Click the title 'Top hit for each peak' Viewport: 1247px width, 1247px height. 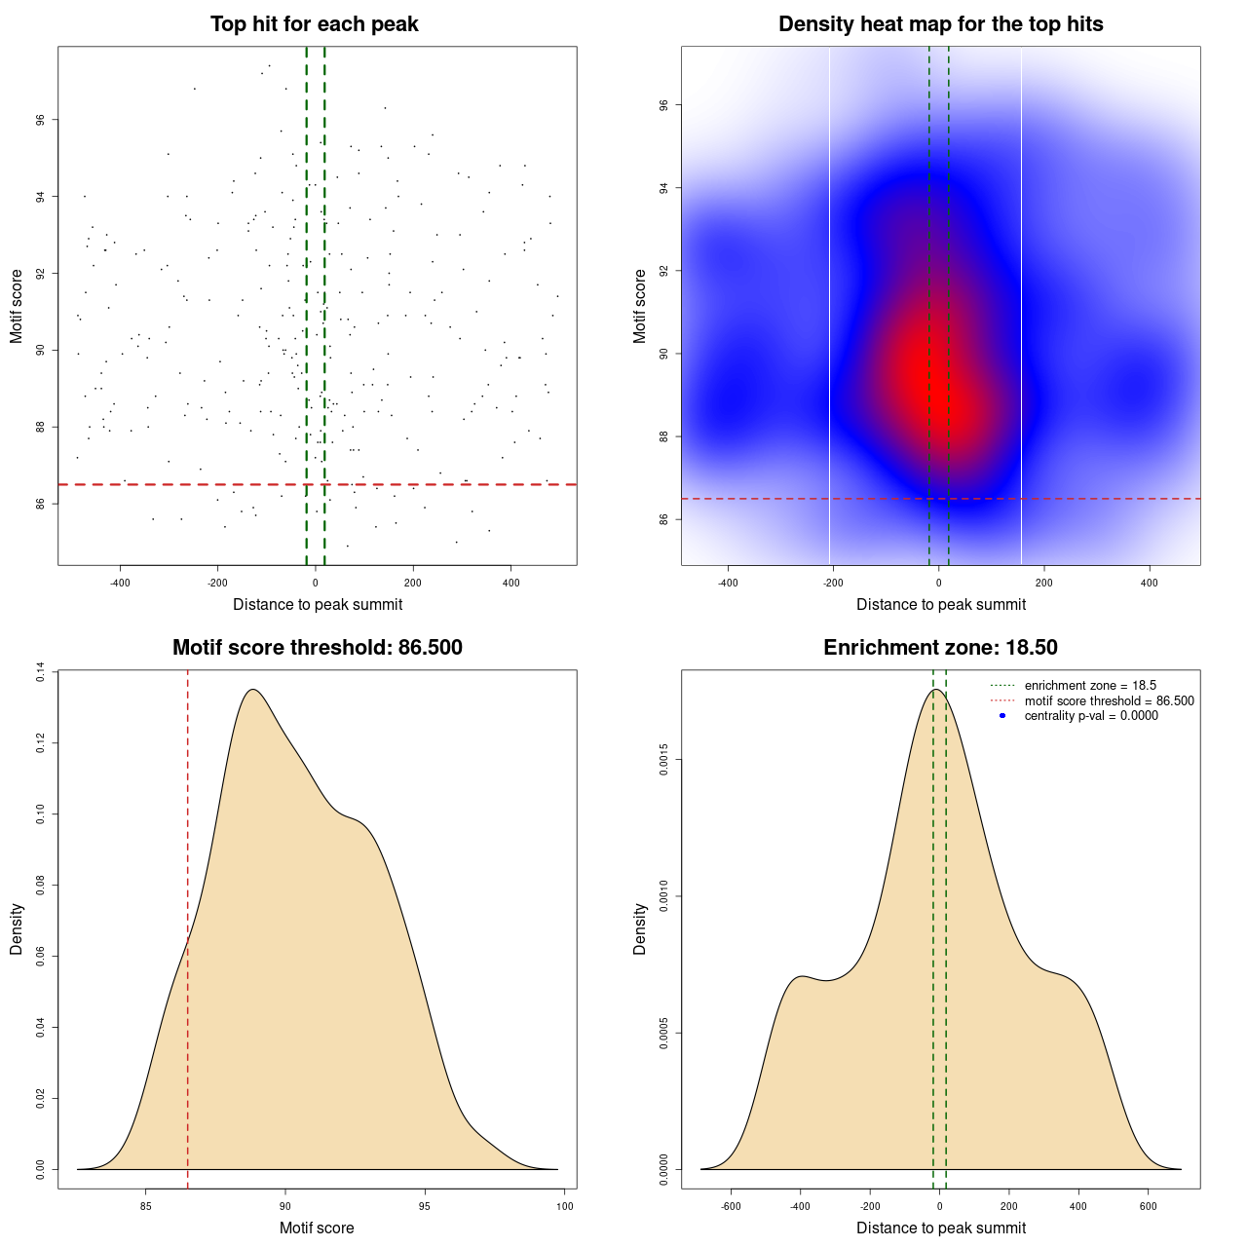(314, 24)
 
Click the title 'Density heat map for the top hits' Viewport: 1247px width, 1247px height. (940, 24)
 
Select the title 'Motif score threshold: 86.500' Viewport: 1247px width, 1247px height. (317, 648)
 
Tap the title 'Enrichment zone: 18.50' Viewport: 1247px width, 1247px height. (940, 648)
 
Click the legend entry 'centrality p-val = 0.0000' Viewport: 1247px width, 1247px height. (1091, 716)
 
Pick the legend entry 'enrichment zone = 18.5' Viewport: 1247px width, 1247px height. (1090, 686)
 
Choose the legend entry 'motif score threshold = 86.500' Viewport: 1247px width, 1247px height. (1109, 701)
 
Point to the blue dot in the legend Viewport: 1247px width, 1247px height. (1002, 716)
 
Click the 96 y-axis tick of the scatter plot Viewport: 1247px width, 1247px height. (40, 120)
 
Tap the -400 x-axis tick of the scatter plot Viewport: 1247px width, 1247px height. (120, 584)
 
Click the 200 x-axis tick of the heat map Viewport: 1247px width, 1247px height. (1044, 584)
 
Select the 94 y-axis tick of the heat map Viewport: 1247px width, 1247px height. (663, 188)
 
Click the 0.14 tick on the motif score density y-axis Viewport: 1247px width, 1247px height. (40, 672)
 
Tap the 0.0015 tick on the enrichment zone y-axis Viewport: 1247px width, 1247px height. (663, 760)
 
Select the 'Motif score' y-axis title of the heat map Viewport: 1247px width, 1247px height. (640, 306)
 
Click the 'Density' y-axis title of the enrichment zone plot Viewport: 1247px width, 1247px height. (640, 929)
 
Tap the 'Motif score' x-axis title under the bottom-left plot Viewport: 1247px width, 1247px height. (317, 1228)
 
